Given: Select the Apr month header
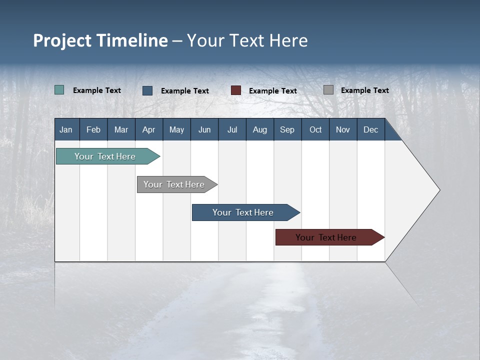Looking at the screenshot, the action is point(149,129).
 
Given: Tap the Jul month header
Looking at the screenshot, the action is point(232,129).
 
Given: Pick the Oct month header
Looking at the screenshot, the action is point(315,129).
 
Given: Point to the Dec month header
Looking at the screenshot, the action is point(371,129).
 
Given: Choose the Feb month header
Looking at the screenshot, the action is point(93,129).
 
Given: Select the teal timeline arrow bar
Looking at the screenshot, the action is point(108,156).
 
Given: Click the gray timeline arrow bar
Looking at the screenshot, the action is point(177,184).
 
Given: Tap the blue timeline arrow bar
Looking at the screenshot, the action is point(246,212).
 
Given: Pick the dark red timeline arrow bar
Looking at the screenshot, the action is point(330,237).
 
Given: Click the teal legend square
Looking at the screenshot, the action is point(59,89).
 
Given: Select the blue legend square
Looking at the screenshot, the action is point(147,90).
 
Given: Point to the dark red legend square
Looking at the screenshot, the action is point(235,90).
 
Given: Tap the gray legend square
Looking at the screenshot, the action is point(328,89).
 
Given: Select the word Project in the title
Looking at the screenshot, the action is point(62,41).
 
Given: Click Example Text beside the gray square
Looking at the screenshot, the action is point(365,90).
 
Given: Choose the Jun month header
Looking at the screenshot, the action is point(204,129).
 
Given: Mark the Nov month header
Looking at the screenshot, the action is point(343,129).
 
